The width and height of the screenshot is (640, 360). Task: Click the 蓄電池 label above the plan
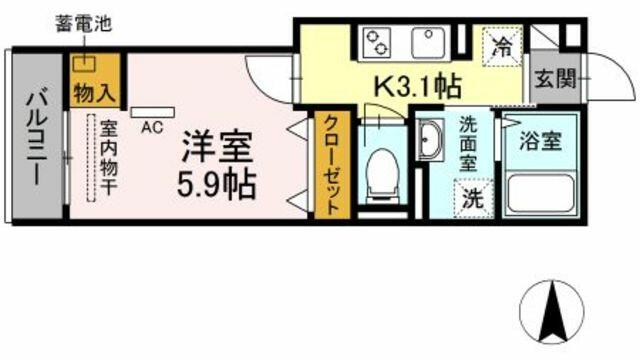[84, 24]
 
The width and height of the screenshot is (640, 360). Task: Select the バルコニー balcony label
[37, 138]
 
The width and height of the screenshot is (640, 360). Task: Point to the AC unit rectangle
[153, 113]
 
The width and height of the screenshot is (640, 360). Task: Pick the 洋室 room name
[218, 146]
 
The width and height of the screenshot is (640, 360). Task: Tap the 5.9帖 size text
[217, 184]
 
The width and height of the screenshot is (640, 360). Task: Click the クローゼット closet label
[332, 165]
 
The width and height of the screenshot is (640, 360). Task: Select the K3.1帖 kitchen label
[418, 87]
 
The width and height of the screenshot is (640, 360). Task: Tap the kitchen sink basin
[428, 43]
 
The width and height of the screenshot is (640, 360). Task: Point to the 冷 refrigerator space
[502, 47]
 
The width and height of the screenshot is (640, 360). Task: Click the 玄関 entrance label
[556, 78]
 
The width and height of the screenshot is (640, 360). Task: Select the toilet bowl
[382, 175]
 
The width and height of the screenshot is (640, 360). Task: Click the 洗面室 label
[469, 144]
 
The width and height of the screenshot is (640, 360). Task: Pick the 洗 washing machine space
[473, 198]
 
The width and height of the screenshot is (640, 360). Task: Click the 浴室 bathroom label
[540, 141]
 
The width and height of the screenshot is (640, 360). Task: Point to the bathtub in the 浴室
[541, 195]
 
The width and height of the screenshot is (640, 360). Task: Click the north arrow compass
[552, 312]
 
